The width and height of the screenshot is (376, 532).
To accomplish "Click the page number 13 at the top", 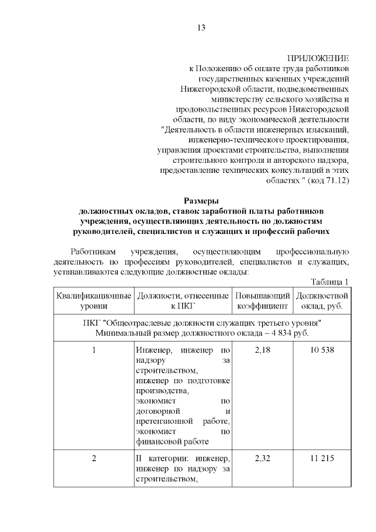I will click(200, 28).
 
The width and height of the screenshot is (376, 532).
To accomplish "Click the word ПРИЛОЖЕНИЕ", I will click(318, 59).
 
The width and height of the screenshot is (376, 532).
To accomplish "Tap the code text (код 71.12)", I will click(329, 180).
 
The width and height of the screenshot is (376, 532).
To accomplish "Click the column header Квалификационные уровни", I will click(93, 300).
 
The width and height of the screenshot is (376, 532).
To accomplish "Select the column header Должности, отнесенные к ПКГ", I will click(182, 300).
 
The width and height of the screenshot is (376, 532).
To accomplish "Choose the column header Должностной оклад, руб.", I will click(322, 300).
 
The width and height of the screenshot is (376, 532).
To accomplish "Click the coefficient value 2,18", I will click(262, 351).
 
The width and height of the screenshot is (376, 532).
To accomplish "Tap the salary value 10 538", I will click(322, 351).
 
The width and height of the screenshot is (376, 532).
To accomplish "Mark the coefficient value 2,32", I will click(262, 459).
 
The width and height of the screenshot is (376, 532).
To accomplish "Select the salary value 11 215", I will click(322, 459).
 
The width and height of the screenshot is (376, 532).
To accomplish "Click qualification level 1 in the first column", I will click(93, 351).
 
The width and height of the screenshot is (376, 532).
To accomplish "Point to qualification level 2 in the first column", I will click(93, 459).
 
